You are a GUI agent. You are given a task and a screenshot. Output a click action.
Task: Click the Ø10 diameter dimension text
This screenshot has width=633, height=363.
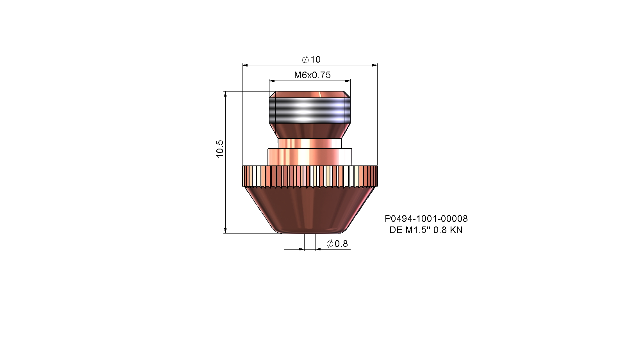312,59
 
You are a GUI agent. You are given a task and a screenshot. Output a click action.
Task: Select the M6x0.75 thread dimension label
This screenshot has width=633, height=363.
312,75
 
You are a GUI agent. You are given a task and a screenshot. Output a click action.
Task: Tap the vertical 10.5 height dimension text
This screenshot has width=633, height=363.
220,149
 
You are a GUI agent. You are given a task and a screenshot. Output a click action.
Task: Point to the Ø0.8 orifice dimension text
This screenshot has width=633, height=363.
337,244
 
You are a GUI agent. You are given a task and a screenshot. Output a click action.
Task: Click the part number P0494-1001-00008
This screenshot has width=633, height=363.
426,219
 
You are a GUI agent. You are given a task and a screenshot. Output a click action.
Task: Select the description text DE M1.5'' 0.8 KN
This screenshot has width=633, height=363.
426,230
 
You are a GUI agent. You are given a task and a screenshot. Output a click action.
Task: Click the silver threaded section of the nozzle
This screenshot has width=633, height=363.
310,110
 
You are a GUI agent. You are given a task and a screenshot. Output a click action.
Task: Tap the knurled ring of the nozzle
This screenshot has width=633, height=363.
310,176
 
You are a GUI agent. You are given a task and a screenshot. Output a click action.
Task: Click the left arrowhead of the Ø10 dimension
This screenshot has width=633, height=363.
245,65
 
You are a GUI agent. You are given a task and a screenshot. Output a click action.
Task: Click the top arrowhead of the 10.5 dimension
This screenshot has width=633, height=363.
225,94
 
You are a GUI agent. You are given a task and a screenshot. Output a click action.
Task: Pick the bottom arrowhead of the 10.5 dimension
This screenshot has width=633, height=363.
225,231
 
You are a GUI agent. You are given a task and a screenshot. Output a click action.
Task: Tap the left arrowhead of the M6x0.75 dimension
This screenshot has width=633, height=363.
272,81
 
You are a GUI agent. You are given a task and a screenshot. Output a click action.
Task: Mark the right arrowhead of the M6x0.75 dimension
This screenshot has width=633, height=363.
348,81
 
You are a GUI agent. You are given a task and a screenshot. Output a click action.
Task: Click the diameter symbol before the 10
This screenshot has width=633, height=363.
305,59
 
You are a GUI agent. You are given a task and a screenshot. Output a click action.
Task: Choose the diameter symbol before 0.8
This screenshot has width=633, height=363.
330,244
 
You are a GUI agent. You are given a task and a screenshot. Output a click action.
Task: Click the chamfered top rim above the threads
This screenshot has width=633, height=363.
310,94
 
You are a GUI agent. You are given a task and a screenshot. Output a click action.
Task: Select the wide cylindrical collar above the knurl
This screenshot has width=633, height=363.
310,157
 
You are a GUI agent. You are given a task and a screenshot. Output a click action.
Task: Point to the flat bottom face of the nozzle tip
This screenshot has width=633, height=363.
310,233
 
